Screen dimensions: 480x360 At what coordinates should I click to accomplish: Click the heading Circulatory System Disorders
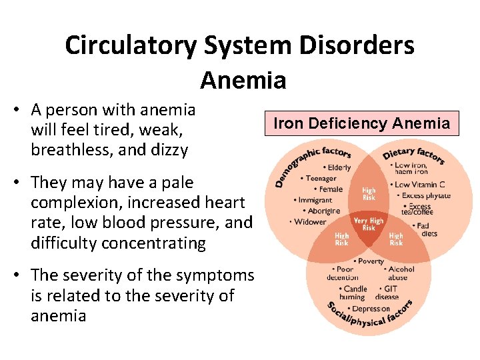coord(240,45)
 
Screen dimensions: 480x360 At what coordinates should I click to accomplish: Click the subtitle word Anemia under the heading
coord(243,81)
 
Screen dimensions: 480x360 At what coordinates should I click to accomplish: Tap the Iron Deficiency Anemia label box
coord(362,123)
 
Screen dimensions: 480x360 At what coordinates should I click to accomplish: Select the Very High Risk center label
coord(369,224)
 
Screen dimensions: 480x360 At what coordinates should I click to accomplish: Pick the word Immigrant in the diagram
coord(315,200)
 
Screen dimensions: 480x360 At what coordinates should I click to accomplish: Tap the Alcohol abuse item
coord(400,273)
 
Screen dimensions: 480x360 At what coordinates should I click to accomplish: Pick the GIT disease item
coord(388,293)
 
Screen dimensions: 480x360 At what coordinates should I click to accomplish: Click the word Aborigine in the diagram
coord(323,211)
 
